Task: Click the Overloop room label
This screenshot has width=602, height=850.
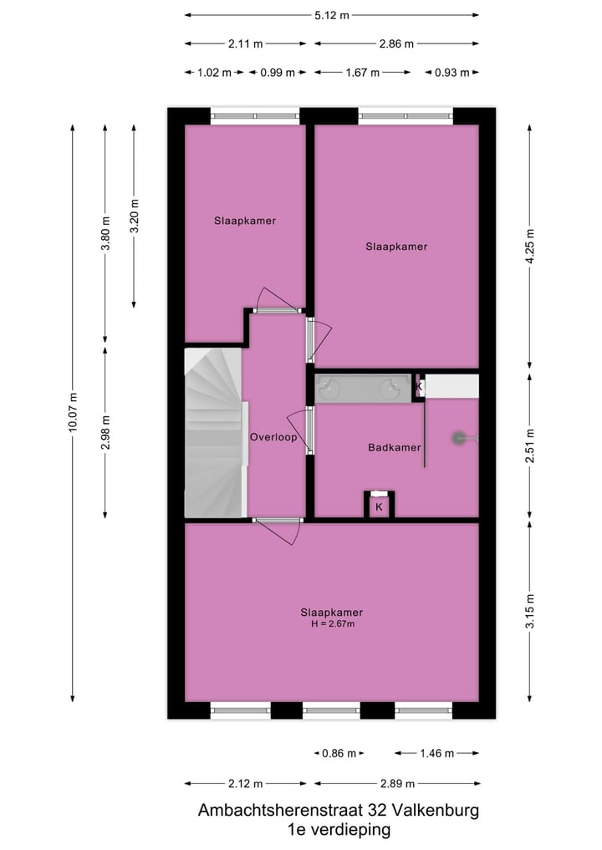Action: pos(273,437)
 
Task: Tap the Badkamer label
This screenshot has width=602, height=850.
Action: pos(394,448)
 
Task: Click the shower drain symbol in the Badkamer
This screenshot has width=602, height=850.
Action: pos(459,436)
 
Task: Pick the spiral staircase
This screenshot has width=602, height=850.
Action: pos(212,433)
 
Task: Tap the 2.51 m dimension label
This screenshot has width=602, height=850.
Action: pos(530,445)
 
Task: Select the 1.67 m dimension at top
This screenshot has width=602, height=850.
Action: pos(363,73)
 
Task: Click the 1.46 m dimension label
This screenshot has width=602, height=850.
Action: pos(436,753)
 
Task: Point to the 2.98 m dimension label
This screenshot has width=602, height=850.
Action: pos(105,432)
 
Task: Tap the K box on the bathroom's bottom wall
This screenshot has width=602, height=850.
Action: pos(379,506)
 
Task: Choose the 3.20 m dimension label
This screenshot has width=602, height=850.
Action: pos(134,216)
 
